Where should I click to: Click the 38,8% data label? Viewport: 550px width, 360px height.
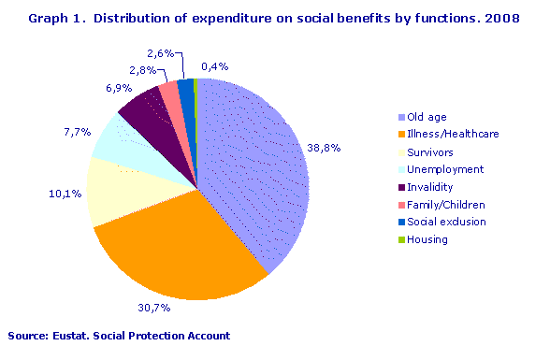pyautogui.click(x=326, y=148)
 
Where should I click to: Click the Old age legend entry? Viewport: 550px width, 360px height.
pyautogui.click(x=427, y=117)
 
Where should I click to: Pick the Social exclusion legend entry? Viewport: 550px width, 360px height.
pyautogui.click(x=447, y=222)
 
